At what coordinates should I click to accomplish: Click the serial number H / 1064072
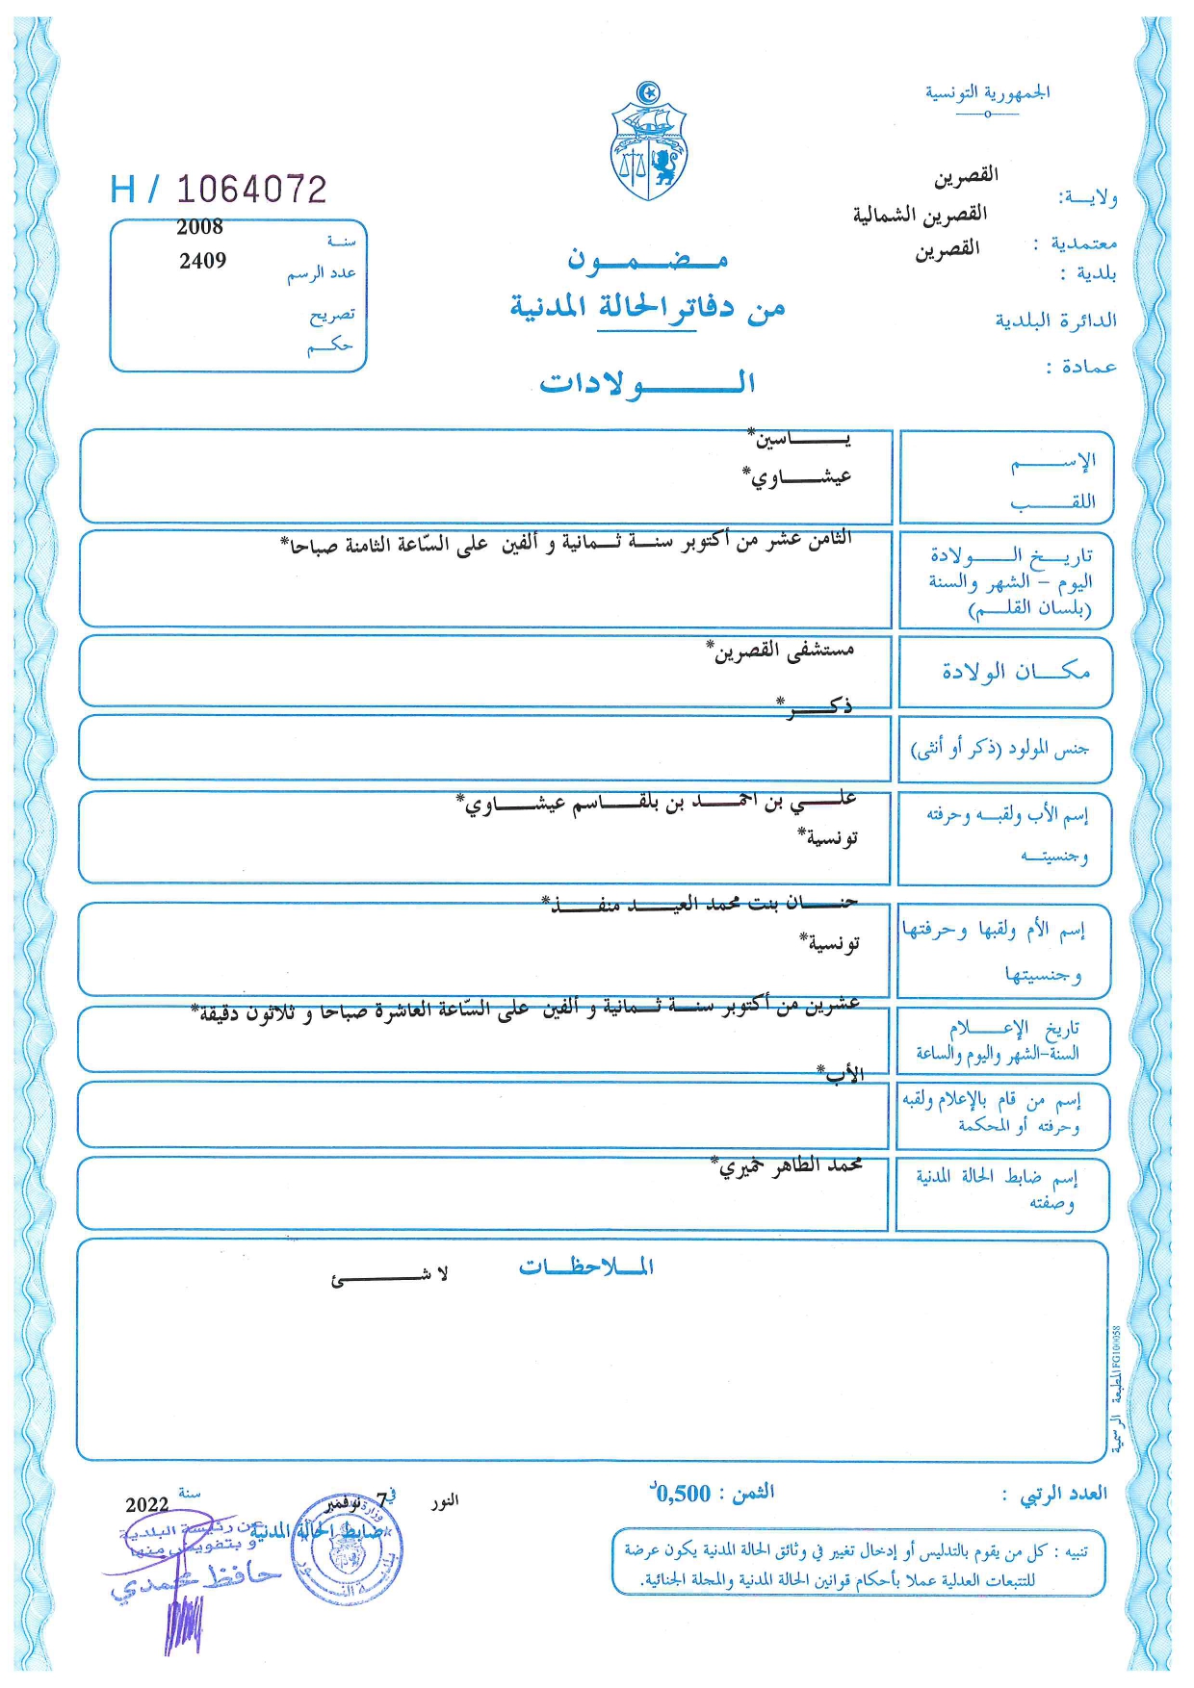click(219, 190)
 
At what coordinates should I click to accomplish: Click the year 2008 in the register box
click(199, 227)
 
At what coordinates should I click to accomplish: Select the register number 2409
click(202, 261)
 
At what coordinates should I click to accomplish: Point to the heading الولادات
click(646, 383)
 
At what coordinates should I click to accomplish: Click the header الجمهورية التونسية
click(987, 93)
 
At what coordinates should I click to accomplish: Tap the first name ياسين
click(801, 440)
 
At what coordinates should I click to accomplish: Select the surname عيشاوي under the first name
click(797, 476)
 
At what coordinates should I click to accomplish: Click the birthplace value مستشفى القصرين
click(783, 652)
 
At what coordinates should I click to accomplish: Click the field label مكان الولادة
click(1016, 672)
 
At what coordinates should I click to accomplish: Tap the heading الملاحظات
click(585, 1266)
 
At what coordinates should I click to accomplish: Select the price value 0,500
click(682, 1494)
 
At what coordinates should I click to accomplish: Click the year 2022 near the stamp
click(147, 1504)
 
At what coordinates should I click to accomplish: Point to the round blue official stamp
click(347, 1550)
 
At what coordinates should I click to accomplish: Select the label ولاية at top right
click(1087, 197)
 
